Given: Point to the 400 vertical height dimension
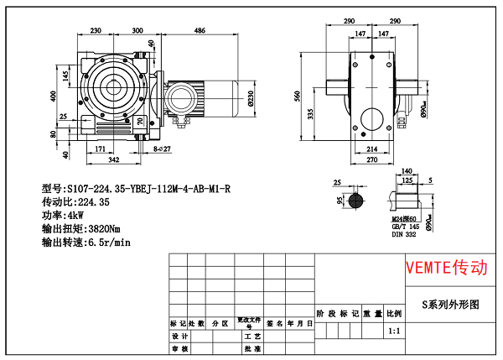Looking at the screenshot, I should (x=52, y=97).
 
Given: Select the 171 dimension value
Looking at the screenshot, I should (x=100, y=149).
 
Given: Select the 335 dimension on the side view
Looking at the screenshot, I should (x=310, y=112).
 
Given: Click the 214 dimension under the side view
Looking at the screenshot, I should (x=370, y=149).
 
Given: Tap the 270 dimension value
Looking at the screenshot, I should (x=370, y=159).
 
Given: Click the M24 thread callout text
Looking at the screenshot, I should (x=405, y=218).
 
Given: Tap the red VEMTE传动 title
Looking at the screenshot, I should (x=445, y=268).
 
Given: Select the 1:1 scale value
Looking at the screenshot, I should (x=394, y=331).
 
